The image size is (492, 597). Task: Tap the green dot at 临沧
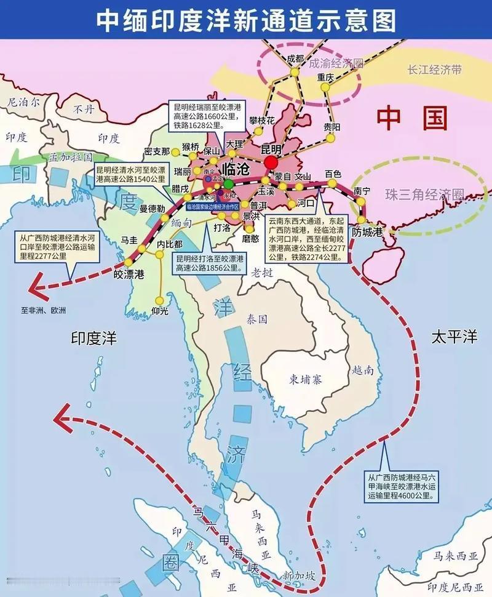coord(228,184)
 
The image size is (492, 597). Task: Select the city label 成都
coord(295,59)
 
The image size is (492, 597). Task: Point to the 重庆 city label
coord(325,78)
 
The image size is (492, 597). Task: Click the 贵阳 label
coord(331,127)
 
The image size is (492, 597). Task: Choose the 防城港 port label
coord(367,231)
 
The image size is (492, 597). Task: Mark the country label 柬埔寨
coord(306,379)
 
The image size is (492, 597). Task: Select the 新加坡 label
coord(299,575)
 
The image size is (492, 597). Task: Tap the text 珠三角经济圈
coord(424,194)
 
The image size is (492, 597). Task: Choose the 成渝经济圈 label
coord(336,63)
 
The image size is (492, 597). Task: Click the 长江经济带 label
coord(434,70)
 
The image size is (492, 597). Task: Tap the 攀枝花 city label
coord(262,121)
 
